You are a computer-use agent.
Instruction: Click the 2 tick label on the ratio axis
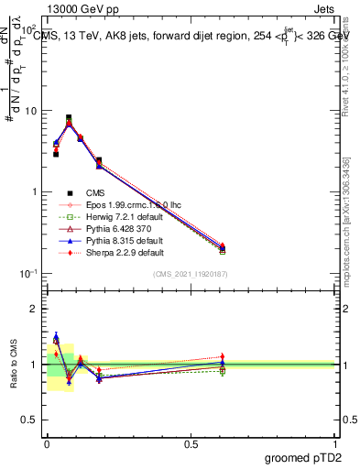click(33, 309)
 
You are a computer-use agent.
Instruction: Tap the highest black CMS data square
click(69, 117)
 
